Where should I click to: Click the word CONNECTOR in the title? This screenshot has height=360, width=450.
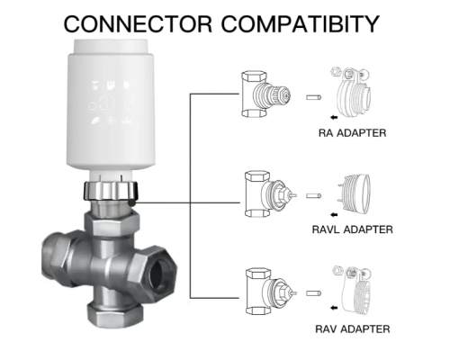[139, 24]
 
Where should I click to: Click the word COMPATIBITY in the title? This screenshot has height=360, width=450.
[301, 24]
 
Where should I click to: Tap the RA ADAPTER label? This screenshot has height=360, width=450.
[352, 133]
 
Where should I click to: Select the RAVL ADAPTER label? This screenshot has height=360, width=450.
[352, 229]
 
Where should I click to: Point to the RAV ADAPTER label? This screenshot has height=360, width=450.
[353, 329]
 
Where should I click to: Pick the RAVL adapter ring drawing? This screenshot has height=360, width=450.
[354, 193]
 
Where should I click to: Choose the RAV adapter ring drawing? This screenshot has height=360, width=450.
[352, 290]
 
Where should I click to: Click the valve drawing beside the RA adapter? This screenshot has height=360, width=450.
[265, 94]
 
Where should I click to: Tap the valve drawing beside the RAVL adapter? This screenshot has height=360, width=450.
[270, 193]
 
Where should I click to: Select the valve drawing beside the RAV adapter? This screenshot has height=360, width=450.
[271, 292]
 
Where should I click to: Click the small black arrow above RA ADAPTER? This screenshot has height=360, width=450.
[334, 117]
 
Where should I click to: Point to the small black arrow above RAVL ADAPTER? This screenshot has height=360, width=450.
[334, 214]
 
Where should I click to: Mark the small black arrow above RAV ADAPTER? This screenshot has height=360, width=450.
[334, 308]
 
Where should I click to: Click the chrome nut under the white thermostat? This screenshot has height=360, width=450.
[111, 191]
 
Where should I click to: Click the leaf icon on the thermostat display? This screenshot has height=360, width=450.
[95, 121]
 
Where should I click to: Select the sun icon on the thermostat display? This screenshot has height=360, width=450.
[111, 121]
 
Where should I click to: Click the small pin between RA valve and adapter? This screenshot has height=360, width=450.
[314, 97]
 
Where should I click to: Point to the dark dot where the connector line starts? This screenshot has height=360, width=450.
[131, 202]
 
